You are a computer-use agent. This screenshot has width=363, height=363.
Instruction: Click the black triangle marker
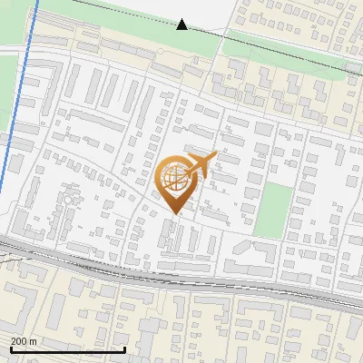[181, 25]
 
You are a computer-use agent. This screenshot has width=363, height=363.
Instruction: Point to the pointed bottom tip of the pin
[173, 213]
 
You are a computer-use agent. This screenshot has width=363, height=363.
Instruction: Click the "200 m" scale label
[24, 341]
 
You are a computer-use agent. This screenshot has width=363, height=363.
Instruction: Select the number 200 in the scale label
[19, 341]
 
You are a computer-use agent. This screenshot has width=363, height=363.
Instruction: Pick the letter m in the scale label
[33, 341]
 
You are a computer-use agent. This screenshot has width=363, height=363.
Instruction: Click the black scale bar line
[68, 349]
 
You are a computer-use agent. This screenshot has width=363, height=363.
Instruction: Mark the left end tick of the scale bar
[12, 348]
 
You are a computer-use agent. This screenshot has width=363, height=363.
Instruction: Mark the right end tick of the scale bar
[124, 348]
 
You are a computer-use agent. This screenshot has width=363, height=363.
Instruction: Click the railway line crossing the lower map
[181, 273]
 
